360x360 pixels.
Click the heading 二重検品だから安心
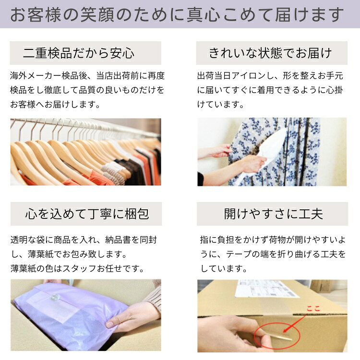click(x=79, y=53)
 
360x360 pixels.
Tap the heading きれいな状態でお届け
click(x=270, y=53)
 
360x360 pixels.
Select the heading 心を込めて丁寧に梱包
click(x=87, y=214)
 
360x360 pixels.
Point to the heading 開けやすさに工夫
click(x=274, y=214)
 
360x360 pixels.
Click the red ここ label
click(x=313, y=308)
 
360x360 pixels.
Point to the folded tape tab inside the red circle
click(x=281, y=336)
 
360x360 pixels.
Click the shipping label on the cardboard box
click(x=266, y=288)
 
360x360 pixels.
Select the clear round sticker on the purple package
click(x=55, y=298)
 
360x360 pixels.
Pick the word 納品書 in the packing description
click(x=118, y=240)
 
